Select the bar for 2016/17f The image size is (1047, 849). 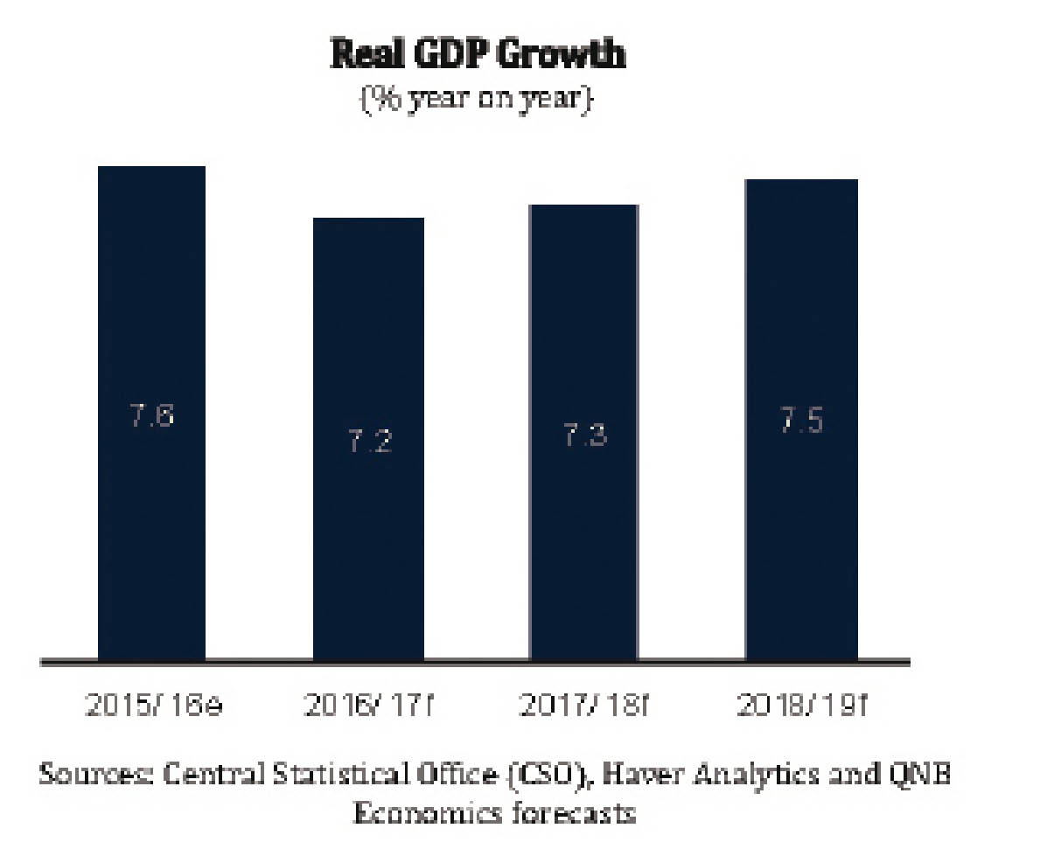coord(368,438)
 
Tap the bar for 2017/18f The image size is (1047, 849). coord(583,432)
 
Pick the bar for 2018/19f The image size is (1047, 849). coord(801,420)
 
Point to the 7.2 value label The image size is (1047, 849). coord(369,442)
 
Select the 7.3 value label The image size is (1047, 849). coord(583,435)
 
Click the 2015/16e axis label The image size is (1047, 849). coord(153,706)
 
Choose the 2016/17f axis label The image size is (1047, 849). coord(368,706)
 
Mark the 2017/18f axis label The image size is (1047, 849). coord(583,706)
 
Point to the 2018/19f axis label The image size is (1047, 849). coord(800,706)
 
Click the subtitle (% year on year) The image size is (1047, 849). coord(478,96)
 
